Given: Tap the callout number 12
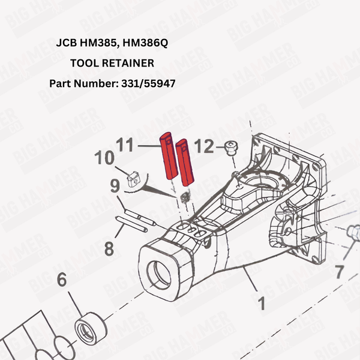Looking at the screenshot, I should (x=204, y=145).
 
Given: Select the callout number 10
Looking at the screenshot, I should (x=104, y=159).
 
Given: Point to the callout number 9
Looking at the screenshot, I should (x=115, y=187).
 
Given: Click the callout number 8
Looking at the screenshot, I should (x=108, y=248).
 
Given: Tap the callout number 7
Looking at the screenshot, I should (x=340, y=272).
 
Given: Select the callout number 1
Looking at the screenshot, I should (x=261, y=304).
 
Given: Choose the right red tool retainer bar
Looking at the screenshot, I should (x=185, y=162).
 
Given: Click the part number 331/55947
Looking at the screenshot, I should (x=148, y=83).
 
